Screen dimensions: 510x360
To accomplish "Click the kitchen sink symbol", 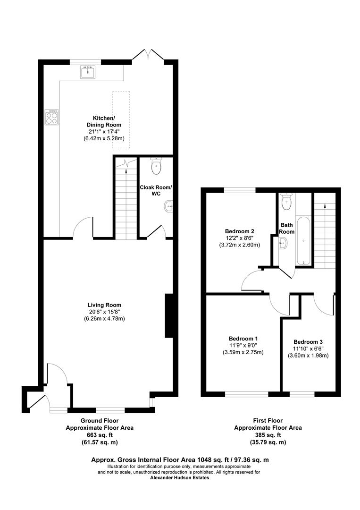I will [88, 72].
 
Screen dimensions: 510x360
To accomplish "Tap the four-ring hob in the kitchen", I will [52, 117].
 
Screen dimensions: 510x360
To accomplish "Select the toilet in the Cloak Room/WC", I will [156, 166].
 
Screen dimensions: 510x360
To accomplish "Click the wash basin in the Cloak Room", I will [169, 206].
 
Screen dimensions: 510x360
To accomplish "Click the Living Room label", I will [104, 305].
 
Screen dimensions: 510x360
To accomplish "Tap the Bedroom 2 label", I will [239, 231].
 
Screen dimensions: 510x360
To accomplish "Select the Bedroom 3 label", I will [308, 342].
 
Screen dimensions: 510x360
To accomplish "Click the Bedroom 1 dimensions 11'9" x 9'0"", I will [243, 346].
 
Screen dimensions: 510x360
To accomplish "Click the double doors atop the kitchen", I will [148, 55].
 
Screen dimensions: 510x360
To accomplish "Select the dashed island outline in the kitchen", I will [121, 120].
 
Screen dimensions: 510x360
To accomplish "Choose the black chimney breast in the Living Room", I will [168, 316].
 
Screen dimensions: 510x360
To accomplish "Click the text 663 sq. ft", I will [99, 435].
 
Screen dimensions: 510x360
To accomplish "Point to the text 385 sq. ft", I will [268, 435].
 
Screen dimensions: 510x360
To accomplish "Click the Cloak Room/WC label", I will [156, 191].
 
